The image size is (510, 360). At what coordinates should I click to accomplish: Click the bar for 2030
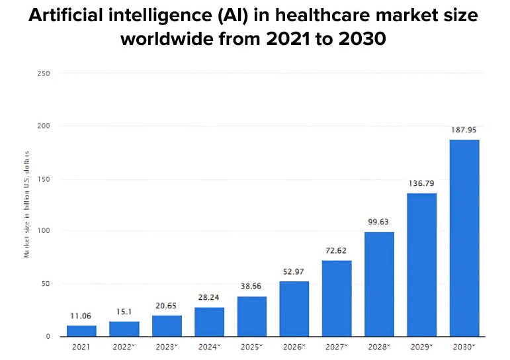click(x=464, y=238)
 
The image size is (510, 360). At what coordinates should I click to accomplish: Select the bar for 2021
click(x=81, y=331)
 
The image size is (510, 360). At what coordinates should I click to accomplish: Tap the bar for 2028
click(x=379, y=284)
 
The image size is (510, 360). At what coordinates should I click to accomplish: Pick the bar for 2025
click(x=251, y=316)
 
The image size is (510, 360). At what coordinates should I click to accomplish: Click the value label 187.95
click(x=464, y=130)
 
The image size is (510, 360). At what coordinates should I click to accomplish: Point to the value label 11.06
click(x=81, y=316)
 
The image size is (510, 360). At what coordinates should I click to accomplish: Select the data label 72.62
click(x=337, y=251)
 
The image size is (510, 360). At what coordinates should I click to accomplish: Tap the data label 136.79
click(x=421, y=183)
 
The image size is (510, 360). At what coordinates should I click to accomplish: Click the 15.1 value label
click(x=124, y=312)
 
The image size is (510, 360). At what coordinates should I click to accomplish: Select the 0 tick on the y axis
click(x=48, y=336)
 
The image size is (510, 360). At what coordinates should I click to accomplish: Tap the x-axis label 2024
click(x=209, y=347)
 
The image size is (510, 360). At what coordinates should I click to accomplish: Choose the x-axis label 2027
click(x=337, y=347)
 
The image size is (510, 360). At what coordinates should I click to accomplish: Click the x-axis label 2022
click(x=124, y=347)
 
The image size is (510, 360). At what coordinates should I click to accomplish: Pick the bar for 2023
click(x=167, y=326)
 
